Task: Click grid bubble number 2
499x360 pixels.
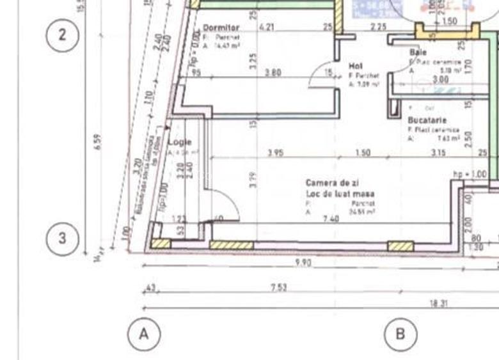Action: coord(62,35)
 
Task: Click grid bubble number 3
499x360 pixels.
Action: coord(62,238)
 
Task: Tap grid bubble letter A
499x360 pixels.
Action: coord(144,333)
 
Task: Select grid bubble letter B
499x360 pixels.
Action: coord(400,333)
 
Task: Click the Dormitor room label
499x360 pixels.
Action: coord(221,28)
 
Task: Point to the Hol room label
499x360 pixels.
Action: coord(355,66)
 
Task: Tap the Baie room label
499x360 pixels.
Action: coord(418,52)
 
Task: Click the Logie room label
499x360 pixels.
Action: coord(180,143)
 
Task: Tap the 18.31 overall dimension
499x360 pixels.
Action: coord(438,304)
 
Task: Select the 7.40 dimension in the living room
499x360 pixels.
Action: coord(331,219)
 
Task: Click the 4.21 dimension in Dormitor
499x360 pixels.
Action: coord(266,27)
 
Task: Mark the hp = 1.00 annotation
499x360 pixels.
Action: coord(470,173)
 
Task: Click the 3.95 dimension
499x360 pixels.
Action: coord(275,153)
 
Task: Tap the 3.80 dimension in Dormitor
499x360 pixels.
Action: coord(273,73)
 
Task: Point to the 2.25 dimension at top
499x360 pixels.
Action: coord(378,27)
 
